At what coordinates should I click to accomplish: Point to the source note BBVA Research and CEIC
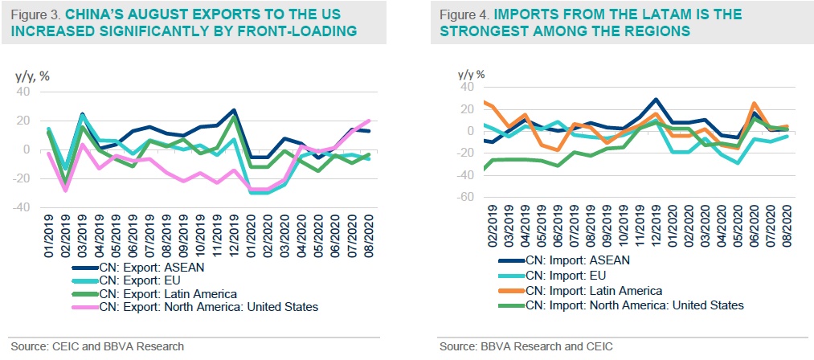tap(547, 346)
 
